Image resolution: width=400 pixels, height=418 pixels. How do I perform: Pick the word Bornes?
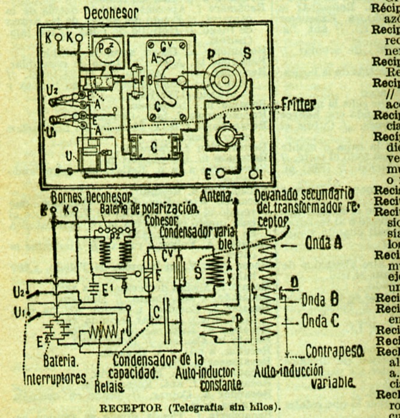[67, 197]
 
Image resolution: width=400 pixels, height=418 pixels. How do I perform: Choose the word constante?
[220, 383]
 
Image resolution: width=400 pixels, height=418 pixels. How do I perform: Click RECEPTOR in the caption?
[123, 404]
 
